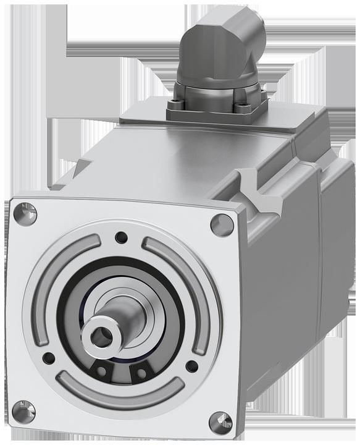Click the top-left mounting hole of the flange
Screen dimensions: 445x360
tap(25, 214)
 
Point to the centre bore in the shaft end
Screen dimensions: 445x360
tap(101, 336)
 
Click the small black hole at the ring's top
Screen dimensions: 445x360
tap(122, 237)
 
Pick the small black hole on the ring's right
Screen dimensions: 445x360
tap(192, 366)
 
